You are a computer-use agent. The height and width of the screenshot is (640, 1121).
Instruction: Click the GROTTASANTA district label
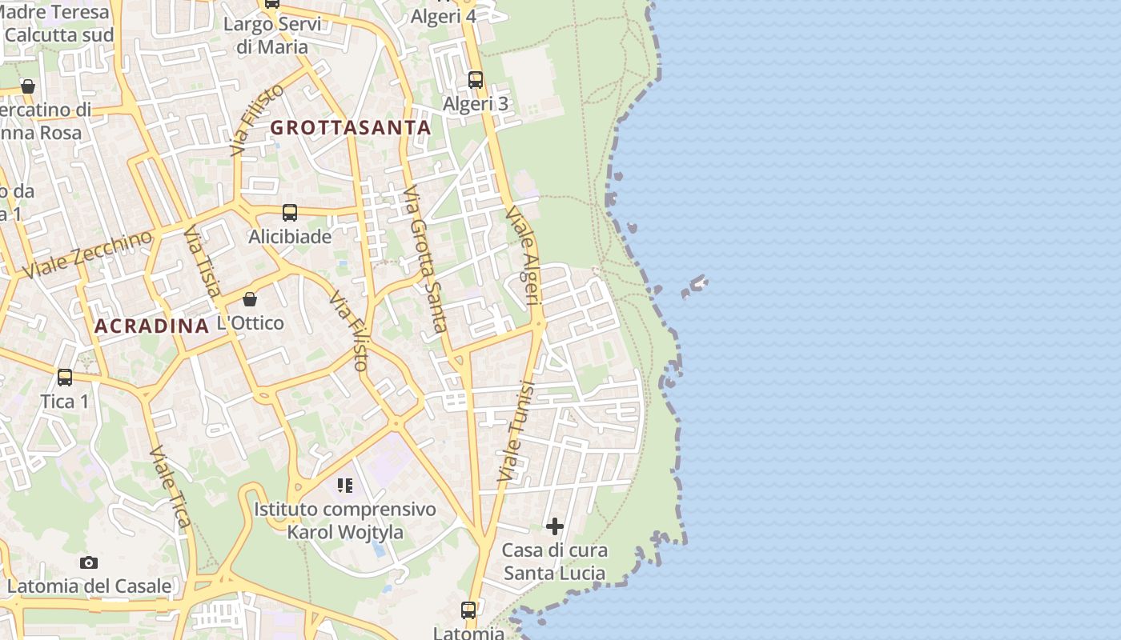click(351, 127)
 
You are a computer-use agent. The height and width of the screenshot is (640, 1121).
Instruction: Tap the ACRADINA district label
click(151, 326)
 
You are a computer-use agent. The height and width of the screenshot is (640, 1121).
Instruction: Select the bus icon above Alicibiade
click(290, 213)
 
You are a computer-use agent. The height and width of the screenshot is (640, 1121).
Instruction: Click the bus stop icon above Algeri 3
click(476, 80)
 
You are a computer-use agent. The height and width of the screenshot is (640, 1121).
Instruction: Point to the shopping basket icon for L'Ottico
click(250, 299)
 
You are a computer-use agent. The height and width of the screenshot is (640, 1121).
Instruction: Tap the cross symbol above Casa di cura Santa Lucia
click(555, 526)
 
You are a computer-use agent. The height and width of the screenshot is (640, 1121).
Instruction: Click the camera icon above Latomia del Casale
click(89, 562)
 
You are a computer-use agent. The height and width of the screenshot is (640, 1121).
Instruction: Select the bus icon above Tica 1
click(65, 377)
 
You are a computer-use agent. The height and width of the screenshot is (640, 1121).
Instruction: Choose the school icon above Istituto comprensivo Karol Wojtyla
click(345, 485)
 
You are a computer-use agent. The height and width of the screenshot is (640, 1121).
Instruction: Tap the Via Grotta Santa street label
click(424, 259)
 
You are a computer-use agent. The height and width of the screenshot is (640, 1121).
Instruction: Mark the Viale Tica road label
click(170, 488)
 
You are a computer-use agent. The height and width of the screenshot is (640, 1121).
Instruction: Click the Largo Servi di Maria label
click(272, 35)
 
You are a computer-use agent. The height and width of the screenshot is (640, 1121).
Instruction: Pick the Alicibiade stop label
click(290, 237)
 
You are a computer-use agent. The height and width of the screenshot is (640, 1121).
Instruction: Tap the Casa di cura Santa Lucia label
click(554, 562)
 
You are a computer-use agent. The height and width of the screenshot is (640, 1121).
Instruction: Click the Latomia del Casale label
click(89, 586)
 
